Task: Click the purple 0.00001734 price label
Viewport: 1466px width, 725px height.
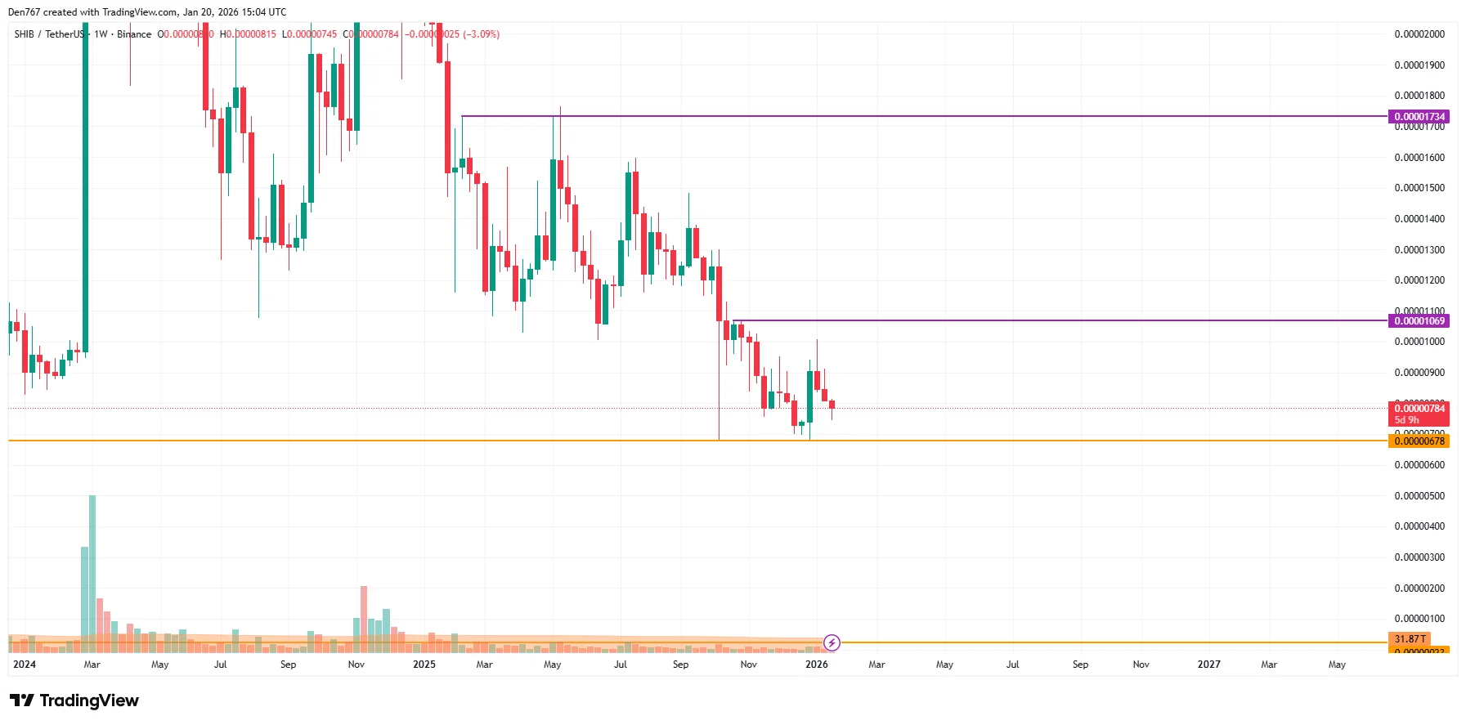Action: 1419,117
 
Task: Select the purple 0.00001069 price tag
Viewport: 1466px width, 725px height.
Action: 1419,321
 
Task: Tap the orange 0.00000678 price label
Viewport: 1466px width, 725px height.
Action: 1419,441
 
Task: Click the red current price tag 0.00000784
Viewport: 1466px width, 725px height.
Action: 1419,409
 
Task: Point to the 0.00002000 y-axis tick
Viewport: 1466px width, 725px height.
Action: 1419,34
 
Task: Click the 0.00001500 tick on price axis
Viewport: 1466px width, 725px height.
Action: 1419,188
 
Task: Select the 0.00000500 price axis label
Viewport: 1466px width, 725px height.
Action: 1419,496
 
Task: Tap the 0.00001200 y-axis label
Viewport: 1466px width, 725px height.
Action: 1419,280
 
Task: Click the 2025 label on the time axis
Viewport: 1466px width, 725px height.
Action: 424,665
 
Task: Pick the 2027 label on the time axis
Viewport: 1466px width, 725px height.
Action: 1208,665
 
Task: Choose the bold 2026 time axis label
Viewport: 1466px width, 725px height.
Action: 816,665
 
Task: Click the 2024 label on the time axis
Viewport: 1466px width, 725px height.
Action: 25,665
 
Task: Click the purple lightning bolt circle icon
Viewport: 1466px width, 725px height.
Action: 832,642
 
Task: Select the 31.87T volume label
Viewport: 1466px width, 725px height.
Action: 1410,639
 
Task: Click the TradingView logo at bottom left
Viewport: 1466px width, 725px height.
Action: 74,700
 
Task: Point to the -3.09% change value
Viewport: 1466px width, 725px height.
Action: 482,34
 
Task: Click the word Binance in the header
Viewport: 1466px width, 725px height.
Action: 134,34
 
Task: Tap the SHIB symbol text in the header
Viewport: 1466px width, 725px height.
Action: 24,34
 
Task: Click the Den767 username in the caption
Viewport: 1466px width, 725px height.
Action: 24,12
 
